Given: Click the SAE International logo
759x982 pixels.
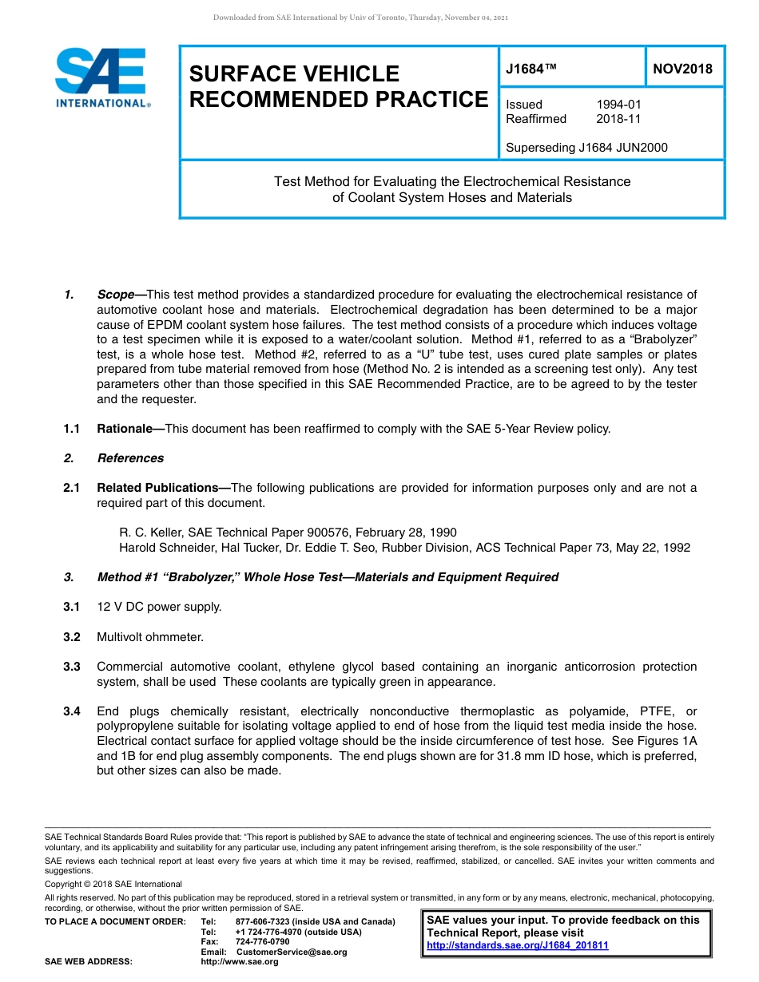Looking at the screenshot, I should tap(102, 78).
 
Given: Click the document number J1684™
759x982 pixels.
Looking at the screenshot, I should tap(531, 69).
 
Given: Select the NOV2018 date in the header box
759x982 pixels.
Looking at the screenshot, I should tap(682, 69).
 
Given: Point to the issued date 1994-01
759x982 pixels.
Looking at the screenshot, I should tap(618, 105).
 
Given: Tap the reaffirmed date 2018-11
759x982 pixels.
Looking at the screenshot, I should tap(618, 119).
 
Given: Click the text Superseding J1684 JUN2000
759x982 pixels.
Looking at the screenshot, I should tap(586, 148).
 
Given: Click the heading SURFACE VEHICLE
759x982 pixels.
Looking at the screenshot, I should tap(294, 74).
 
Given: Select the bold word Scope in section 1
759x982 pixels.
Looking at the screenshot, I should tap(115, 295).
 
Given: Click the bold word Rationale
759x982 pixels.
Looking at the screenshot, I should tap(125, 429).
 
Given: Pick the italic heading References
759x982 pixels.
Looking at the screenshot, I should tap(130, 458).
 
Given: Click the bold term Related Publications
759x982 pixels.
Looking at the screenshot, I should tap(157, 488).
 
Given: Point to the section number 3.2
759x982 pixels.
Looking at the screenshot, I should tap(72, 637).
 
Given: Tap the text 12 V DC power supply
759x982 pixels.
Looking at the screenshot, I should tap(159, 607).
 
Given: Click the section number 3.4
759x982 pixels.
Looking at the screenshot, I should tap(72, 711).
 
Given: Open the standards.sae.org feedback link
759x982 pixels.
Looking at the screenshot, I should tap(518, 945).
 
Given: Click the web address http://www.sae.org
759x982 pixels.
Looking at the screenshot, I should tap(239, 962).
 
